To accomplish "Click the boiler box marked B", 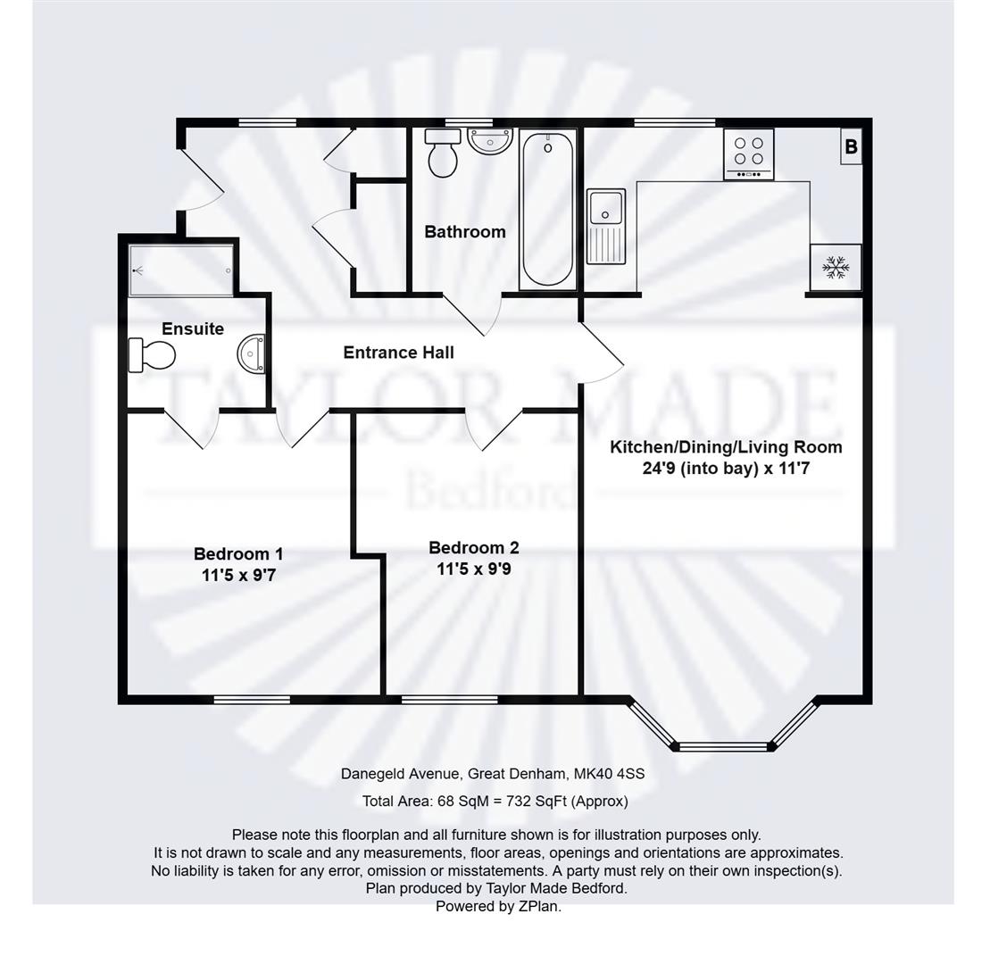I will click(x=851, y=147).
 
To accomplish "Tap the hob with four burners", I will click(x=748, y=154).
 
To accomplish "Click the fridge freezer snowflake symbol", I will click(x=836, y=267).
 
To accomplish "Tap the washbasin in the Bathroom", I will click(x=489, y=140).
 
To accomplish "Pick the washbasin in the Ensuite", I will click(x=253, y=353).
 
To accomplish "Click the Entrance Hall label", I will click(x=398, y=353).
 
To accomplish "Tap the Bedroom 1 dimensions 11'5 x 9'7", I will click(x=238, y=576).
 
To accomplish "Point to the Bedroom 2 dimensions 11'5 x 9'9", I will click(x=473, y=569).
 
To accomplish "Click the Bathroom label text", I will click(x=464, y=232).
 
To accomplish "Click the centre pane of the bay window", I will click(x=723, y=745).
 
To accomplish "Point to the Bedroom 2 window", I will click(x=449, y=699).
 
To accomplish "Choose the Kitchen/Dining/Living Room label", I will click(x=725, y=447).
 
